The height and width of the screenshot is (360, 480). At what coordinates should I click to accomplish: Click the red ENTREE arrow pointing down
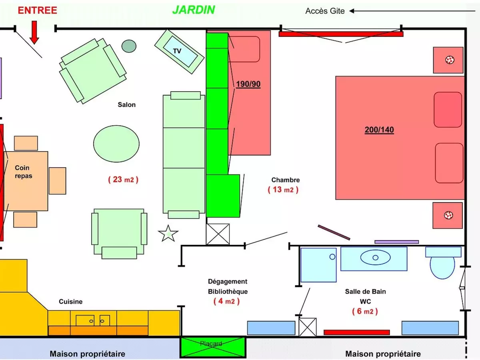tap(34, 32)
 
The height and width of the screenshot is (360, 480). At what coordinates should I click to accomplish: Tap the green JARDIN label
tap(194, 10)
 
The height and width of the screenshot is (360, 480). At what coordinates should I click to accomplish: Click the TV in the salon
tap(179, 51)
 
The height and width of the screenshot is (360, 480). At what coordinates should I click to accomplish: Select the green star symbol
tap(168, 234)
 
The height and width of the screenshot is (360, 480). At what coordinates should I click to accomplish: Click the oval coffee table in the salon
tap(116, 144)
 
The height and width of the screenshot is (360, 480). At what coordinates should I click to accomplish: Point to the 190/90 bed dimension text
tap(248, 84)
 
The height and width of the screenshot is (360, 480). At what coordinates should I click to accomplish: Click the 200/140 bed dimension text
tap(379, 130)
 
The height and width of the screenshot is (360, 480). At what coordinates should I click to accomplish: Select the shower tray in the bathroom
tap(318, 265)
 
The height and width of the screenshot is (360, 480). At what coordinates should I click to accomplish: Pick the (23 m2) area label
tap(123, 180)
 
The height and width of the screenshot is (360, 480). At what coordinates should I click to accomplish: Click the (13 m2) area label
tap(283, 190)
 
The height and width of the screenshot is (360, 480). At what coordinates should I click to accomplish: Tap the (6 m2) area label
tap(365, 311)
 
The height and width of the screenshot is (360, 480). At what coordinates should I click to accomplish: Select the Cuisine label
tap(70, 302)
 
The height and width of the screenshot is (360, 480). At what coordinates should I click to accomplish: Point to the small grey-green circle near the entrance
tap(129, 46)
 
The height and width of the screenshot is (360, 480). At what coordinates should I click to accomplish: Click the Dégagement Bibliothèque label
tap(228, 286)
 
